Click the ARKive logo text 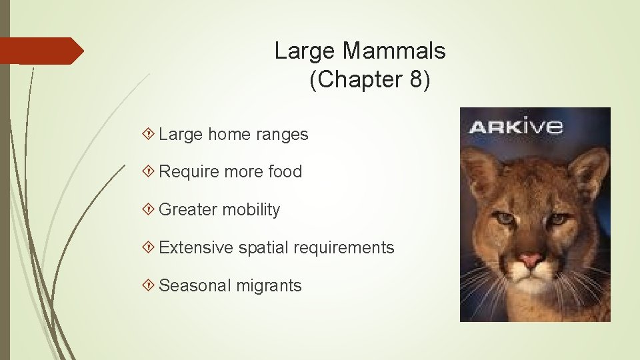coord(515,126)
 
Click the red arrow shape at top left coord(40,51)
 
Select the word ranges coord(282,135)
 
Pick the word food coord(285,171)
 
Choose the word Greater coord(187,210)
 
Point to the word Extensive coord(197,248)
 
